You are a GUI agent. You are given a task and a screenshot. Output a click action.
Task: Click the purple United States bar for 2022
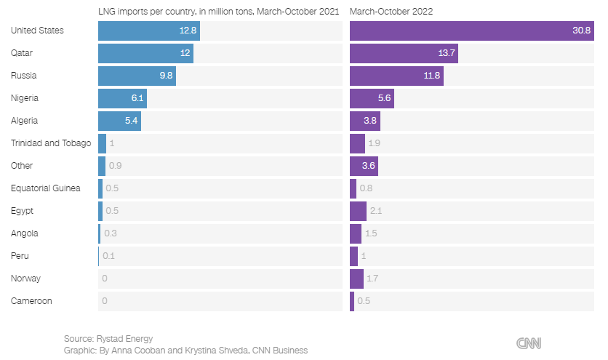click(x=471, y=31)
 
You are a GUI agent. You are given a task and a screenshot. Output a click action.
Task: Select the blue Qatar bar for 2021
click(x=145, y=53)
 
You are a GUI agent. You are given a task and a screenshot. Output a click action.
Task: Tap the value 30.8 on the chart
click(x=582, y=31)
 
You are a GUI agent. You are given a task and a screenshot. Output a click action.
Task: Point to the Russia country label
click(x=24, y=76)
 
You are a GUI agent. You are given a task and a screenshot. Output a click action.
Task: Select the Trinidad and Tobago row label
click(x=51, y=143)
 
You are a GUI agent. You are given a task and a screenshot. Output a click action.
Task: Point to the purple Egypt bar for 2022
click(x=358, y=211)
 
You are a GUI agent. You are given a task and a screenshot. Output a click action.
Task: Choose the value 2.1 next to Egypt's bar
click(x=376, y=211)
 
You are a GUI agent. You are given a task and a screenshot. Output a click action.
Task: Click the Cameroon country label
click(x=31, y=300)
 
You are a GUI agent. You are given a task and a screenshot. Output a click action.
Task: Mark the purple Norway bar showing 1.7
click(x=356, y=279)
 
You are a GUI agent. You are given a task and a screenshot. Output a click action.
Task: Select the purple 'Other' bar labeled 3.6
click(x=364, y=166)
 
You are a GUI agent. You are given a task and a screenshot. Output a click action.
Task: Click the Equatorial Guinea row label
click(x=46, y=188)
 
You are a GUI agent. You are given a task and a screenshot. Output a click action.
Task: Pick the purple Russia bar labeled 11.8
click(x=396, y=76)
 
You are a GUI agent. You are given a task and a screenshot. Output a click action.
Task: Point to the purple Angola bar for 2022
click(x=356, y=233)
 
